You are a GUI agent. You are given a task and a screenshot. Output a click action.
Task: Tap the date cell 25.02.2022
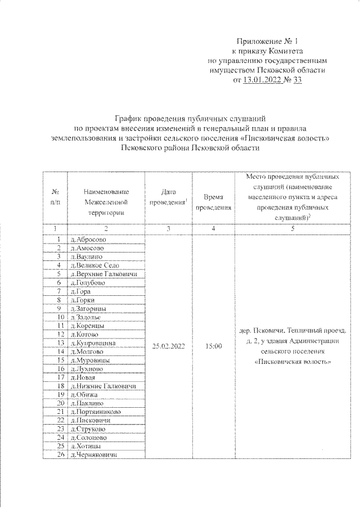pyautogui.click(x=168, y=346)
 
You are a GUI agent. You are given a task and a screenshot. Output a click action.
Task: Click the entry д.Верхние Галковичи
pyautogui.click(x=104, y=274)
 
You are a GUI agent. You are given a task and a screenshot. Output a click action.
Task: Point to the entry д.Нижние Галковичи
pyautogui.click(x=102, y=386)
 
